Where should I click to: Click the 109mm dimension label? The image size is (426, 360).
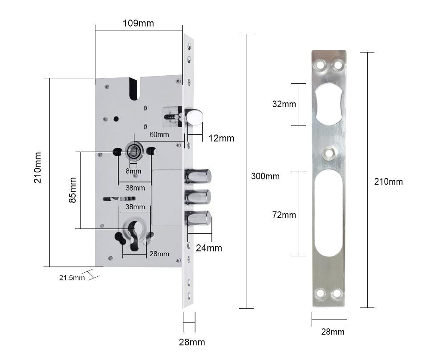pyautogui.click(x=138, y=23)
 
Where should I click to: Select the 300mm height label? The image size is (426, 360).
pyautogui.click(x=265, y=176)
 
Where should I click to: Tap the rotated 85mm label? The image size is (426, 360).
pyautogui.click(x=73, y=190)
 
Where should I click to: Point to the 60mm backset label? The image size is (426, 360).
pyautogui.click(x=159, y=134)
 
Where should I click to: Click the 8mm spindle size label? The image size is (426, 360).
pyautogui.click(x=133, y=171)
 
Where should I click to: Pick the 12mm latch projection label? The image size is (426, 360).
pyautogui.click(x=221, y=138)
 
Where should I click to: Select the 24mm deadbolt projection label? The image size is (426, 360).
pyautogui.click(x=209, y=248)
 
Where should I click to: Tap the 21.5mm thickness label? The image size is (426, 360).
pyautogui.click(x=72, y=278)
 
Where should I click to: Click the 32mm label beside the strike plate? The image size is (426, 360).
pyautogui.click(x=284, y=104)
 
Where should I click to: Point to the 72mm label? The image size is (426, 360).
pyautogui.click(x=284, y=215)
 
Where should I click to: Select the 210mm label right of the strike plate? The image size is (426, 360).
pyautogui.click(x=388, y=182)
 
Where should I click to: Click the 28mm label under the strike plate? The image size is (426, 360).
pyautogui.click(x=333, y=332)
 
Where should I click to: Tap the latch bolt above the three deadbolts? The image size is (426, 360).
pyautogui.click(x=194, y=117)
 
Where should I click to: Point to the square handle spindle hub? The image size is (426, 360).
pyautogui.click(x=133, y=151)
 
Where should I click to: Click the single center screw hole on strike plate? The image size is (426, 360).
pyautogui.click(x=329, y=154)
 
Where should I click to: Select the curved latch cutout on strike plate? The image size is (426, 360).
pyautogui.click(x=329, y=104)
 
